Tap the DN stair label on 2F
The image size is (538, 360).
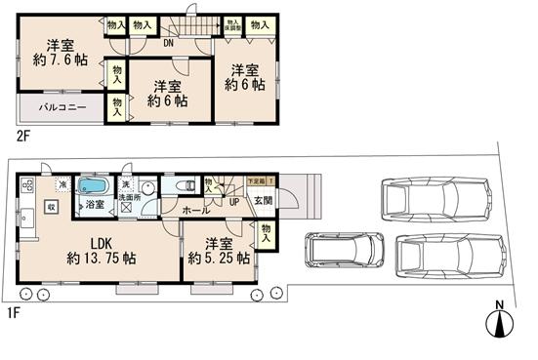pyautogui.click(x=168, y=43)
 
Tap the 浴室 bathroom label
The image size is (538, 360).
pyautogui.click(x=95, y=207)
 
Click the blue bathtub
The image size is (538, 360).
pyautogui.click(x=95, y=185)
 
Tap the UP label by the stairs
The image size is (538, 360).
pyautogui.click(x=233, y=201)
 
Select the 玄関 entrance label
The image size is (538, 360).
pyautogui.click(x=264, y=201)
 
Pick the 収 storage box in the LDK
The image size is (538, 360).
pyautogui.click(x=52, y=206)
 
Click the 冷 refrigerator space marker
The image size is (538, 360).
pyautogui.click(x=62, y=184)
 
